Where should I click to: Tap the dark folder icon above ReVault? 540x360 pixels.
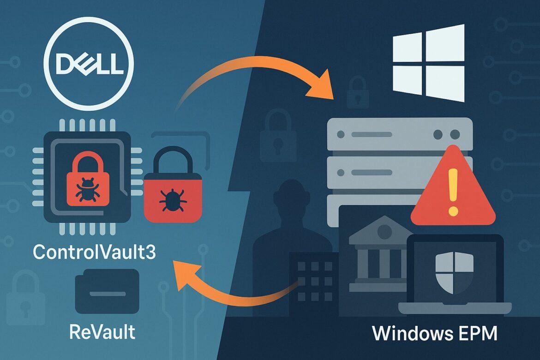[107, 291]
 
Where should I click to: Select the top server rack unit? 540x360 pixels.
[400, 134]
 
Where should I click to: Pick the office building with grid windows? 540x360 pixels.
[314, 282]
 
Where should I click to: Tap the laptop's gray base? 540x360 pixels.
[455, 309]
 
